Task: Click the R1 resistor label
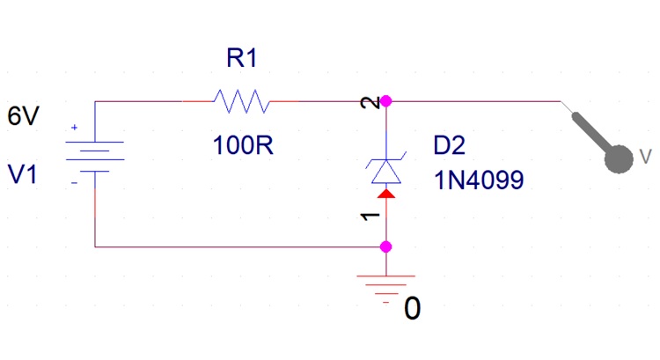pyautogui.click(x=242, y=59)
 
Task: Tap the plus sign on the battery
pyautogui.click(x=74, y=129)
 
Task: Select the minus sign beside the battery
pyautogui.click(x=74, y=182)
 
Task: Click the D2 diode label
pyautogui.click(x=451, y=144)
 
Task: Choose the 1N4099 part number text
pyautogui.click(x=479, y=180)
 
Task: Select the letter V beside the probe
pyautogui.click(x=647, y=157)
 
